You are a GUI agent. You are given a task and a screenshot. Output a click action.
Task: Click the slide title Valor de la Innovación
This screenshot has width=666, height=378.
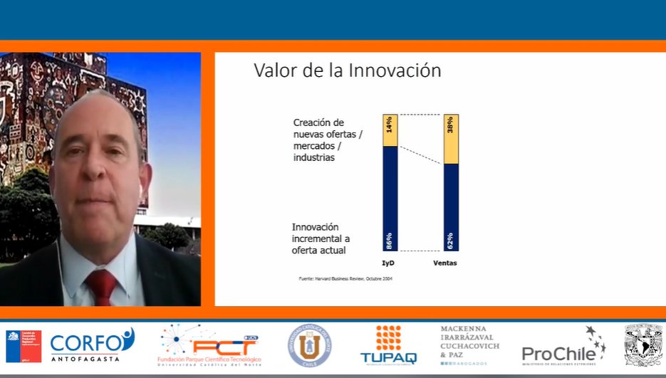coord(348,71)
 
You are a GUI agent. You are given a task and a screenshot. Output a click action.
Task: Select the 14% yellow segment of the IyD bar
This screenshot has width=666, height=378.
coord(390,130)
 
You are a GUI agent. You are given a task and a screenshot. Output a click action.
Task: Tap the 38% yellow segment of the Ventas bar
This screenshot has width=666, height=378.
coord(451,139)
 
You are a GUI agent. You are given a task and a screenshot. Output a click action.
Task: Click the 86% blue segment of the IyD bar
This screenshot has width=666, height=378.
coord(390,199)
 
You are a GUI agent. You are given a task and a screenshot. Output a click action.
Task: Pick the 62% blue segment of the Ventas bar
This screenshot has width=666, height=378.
coord(451,207)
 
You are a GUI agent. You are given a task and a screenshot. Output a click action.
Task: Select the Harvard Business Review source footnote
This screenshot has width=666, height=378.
coord(345,278)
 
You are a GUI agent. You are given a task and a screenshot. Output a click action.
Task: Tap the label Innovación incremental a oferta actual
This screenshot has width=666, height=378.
coord(321,238)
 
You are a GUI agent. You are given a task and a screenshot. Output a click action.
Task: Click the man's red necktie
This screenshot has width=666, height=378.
coord(101,287)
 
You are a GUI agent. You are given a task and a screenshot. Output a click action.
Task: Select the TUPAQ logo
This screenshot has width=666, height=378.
coord(389,345)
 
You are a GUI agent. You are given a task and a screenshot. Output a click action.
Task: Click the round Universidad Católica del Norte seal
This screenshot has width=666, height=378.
coord(309,345)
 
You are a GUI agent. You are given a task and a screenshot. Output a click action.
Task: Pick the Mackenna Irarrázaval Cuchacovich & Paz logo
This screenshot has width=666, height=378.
coord(469,345)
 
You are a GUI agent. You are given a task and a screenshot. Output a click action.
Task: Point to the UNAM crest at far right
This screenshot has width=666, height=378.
coord(642,345)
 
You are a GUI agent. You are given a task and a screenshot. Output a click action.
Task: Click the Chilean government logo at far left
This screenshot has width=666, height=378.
coord(24,346)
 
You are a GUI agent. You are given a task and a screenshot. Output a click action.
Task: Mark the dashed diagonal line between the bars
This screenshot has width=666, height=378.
coord(420,156)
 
